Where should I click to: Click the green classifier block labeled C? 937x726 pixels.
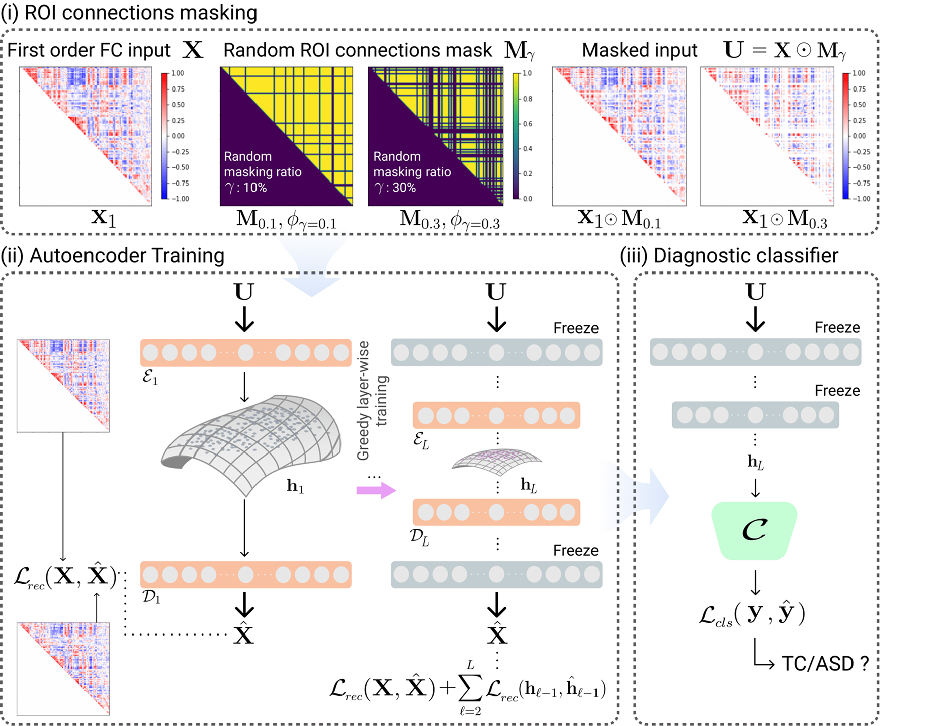pyautogui.click(x=754, y=530)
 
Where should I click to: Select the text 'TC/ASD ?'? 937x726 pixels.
pyautogui.click(x=825, y=664)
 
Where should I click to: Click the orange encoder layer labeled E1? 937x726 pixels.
pyautogui.click(x=245, y=352)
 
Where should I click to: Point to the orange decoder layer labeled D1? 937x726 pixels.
pyautogui.click(x=245, y=574)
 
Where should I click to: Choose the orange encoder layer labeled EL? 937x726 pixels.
pyautogui.click(x=496, y=415)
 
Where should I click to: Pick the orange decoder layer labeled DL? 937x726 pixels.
pyautogui.click(x=496, y=512)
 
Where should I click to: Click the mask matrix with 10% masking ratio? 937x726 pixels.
pyautogui.click(x=286, y=136)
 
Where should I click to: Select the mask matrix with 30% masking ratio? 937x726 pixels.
pyautogui.click(x=436, y=136)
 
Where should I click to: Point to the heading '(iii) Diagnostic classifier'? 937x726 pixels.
pyautogui.click(x=729, y=256)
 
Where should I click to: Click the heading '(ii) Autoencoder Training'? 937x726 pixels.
pyautogui.click(x=113, y=256)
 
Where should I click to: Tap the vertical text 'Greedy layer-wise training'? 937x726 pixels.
pyautogui.click(x=372, y=401)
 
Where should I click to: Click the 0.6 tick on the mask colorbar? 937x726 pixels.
pyautogui.click(x=527, y=124)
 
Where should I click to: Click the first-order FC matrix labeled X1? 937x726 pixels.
pyautogui.click(x=86, y=136)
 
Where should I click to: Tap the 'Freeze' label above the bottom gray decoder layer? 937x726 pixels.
pyautogui.click(x=575, y=550)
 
